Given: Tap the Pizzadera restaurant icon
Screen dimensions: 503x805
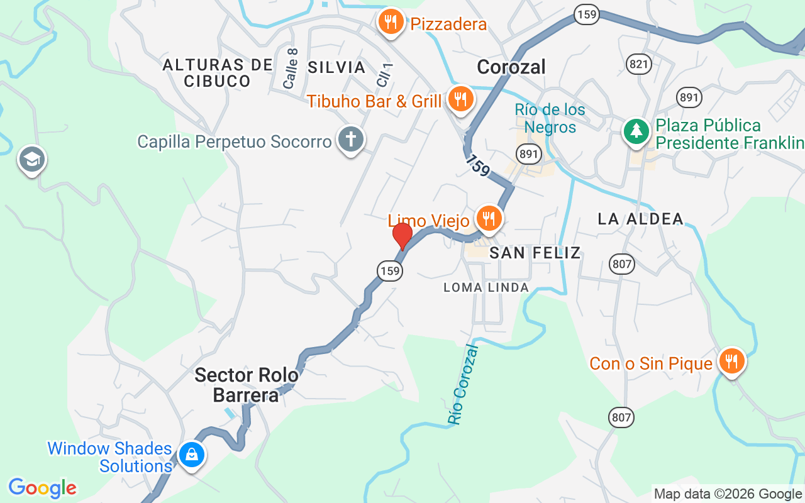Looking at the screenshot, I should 391,23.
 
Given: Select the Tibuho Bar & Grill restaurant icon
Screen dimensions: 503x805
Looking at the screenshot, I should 460,99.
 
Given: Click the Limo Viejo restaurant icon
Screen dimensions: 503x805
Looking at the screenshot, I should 488,219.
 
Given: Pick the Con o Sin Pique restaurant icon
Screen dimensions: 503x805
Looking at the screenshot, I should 731,362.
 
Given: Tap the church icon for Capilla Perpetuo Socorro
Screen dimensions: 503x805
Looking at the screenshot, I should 350,140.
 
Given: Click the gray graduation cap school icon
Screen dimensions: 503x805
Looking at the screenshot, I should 31,160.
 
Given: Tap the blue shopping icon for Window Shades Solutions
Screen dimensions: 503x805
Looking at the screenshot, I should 191,455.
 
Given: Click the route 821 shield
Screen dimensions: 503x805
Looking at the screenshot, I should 639,64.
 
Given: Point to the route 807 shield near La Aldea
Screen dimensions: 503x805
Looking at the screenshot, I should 621,263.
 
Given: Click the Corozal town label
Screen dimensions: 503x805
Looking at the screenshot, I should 511,67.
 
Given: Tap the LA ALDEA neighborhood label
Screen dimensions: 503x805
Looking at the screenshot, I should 640,219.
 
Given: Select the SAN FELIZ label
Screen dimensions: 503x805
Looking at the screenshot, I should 535,253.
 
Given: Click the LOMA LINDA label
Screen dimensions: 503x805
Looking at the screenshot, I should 486,287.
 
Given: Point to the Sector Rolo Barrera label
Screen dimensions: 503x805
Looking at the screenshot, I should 246,385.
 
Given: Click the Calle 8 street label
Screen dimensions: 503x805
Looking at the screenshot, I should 291,69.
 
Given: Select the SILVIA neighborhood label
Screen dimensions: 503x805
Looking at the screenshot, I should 337,67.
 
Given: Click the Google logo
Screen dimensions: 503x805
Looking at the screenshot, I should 43,488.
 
